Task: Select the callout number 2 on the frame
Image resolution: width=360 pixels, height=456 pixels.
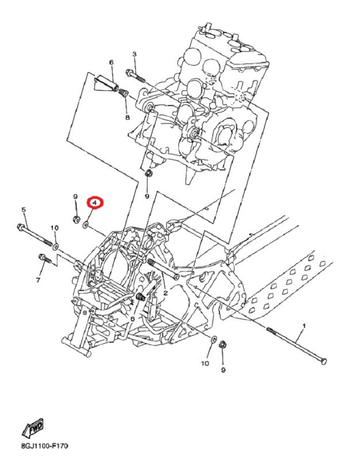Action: click(x=165, y=293)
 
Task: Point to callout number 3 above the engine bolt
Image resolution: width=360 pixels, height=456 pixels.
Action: click(x=134, y=54)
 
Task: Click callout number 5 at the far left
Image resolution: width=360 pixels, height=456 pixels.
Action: click(x=24, y=209)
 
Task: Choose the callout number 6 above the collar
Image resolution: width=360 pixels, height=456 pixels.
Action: click(x=111, y=63)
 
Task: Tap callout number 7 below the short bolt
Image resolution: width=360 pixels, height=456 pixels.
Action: click(x=39, y=280)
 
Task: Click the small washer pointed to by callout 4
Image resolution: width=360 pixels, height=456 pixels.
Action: click(x=86, y=225)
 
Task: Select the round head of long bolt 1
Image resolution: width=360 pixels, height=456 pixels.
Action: click(x=324, y=361)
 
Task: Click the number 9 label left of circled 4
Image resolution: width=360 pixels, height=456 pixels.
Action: click(x=76, y=197)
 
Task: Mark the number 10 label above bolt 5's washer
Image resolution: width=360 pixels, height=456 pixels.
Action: click(x=54, y=228)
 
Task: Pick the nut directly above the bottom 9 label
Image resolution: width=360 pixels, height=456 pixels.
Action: click(x=222, y=344)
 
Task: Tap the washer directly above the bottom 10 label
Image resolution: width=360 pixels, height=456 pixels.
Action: click(x=213, y=339)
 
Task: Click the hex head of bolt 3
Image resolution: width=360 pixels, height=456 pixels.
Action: click(x=129, y=73)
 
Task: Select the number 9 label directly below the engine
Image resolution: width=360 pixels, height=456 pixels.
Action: click(x=147, y=196)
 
